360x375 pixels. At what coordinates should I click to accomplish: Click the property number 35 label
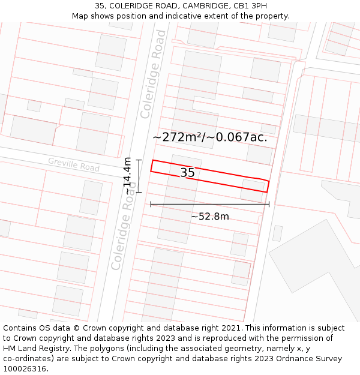187,173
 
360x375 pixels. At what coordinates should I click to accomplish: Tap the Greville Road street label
74,164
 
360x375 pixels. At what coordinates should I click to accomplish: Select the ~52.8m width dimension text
209,216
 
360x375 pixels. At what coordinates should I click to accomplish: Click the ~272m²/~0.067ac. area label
209,137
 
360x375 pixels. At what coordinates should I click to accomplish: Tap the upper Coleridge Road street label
153,74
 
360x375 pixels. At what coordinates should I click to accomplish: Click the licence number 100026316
24,368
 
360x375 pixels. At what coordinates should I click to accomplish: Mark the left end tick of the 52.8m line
151,204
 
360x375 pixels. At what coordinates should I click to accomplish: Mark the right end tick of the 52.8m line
269,204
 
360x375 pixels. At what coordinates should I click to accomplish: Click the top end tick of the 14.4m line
139,160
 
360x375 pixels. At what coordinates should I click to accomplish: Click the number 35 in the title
100,6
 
